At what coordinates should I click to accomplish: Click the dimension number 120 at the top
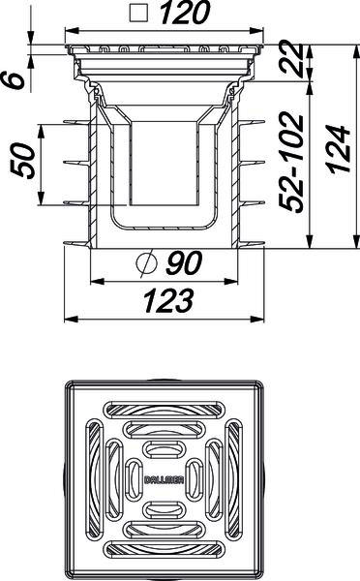point(185,13)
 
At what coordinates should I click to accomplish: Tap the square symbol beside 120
point(138,14)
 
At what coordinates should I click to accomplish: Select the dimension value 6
point(14,80)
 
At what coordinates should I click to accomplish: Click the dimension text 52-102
point(291,162)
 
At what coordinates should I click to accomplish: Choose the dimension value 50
point(22,161)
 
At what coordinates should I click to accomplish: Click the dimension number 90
point(184,262)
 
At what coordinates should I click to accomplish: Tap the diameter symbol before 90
point(146,263)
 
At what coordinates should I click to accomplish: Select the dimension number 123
point(168,300)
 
